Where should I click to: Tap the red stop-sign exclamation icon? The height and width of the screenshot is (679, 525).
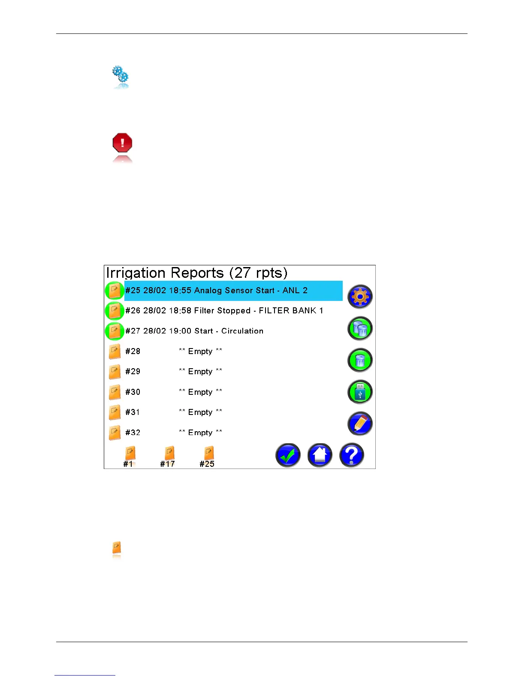122,143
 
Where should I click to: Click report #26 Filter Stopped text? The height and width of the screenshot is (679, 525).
224,311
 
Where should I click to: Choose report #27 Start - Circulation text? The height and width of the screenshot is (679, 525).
194,331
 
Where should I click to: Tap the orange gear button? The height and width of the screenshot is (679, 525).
360,297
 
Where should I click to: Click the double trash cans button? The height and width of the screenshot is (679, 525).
360,329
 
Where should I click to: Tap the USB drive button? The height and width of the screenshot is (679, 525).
360,392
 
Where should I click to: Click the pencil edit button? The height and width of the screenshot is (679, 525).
360,424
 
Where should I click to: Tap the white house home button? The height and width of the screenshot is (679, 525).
320,455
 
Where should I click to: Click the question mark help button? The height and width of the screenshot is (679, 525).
352,455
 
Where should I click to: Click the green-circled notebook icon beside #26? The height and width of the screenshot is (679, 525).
115,311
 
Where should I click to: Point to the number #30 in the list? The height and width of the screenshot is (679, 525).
133,392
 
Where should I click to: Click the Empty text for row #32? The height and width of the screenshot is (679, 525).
200,433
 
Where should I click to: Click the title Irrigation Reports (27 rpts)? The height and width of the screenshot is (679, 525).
196,273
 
